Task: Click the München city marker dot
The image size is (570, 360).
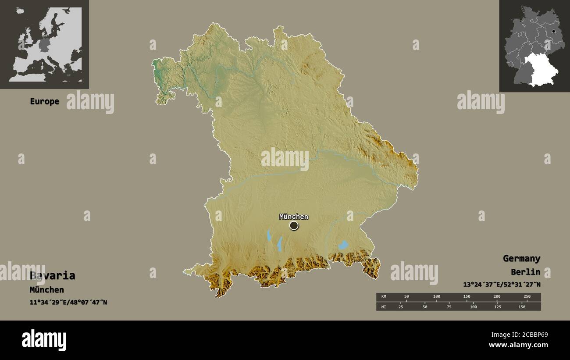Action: point(294,225)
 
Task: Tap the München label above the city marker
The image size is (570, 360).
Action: point(294,217)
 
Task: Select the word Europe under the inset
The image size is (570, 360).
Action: point(44,101)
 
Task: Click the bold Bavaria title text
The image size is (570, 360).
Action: point(53,276)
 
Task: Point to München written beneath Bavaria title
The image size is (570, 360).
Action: point(47,290)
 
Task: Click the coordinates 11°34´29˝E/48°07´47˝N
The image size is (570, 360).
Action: point(68,303)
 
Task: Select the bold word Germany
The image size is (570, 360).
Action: point(521,258)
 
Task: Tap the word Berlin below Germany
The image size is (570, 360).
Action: point(525,272)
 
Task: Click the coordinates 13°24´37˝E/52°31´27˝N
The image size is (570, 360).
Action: point(502,285)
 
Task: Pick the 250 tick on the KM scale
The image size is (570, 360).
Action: point(527,297)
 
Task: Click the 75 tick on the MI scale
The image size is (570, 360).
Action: point(449,307)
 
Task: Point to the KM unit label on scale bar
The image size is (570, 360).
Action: point(384,297)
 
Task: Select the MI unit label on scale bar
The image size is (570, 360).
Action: point(384,307)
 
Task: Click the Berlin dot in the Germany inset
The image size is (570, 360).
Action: point(554,32)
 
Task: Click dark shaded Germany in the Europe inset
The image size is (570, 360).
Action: point(45,44)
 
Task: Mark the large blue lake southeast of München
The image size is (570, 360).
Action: point(343,245)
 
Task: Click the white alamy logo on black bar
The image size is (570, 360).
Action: point(44,340)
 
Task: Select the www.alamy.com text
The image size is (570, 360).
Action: point(518,345)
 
